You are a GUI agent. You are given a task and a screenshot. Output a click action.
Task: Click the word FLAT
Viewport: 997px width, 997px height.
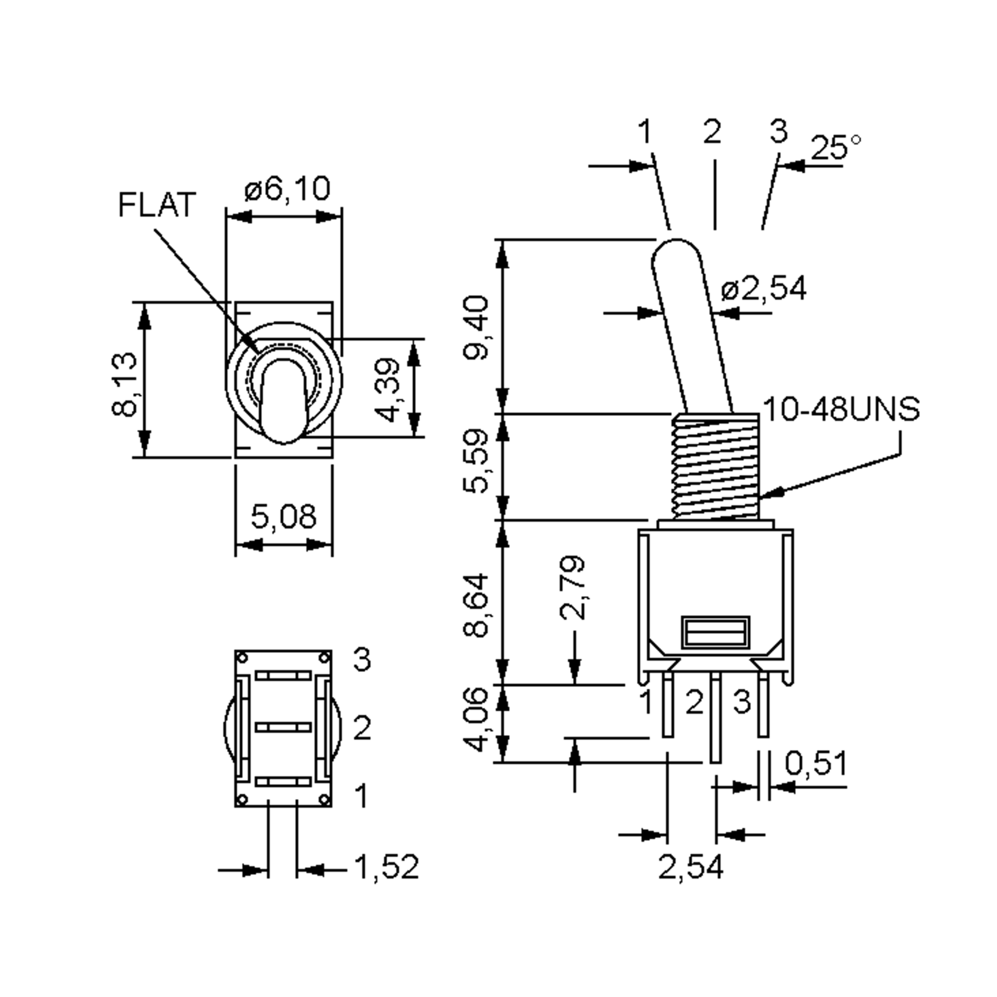pos(157,205)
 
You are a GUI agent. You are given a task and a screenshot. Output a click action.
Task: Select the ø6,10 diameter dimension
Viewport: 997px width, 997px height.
pos(287,189)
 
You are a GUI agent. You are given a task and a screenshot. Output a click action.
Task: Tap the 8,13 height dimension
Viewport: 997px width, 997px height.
pos(125,384)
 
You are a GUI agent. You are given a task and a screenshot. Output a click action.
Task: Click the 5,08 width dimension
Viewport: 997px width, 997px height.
pos(283,516)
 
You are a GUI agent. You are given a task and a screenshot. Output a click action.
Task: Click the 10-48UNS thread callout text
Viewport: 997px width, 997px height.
pos(841,409)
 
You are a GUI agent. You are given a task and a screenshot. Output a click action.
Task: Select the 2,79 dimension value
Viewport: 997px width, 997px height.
pos(573,587)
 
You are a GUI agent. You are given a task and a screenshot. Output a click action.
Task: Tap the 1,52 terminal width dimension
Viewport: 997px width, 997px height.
pos(386,867)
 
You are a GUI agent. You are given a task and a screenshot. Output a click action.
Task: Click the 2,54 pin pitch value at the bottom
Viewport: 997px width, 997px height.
pos(690,867)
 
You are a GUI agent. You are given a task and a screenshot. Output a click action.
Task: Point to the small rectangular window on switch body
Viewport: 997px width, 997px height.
pos(715,632)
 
